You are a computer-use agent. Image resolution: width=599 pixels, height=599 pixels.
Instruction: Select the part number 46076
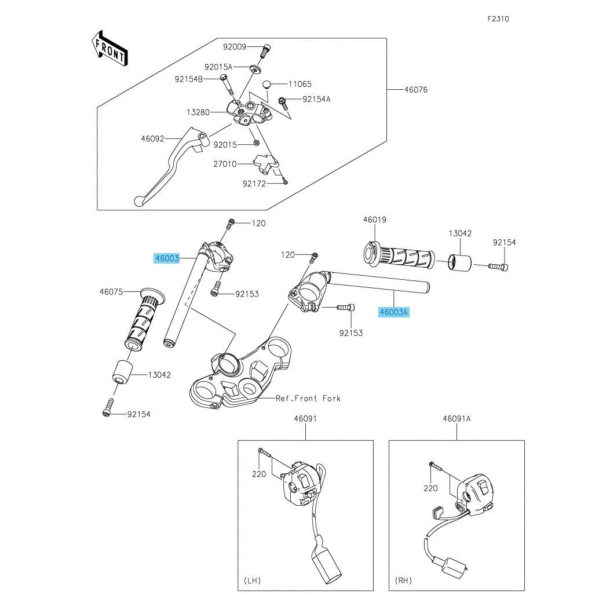416,90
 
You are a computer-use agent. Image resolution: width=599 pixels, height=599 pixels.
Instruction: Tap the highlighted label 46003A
394,312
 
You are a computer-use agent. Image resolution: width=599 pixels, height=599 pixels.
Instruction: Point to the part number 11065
299,84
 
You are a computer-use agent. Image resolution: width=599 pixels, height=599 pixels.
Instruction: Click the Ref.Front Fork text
308,399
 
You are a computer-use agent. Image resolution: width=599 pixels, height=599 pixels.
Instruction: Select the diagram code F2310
498,19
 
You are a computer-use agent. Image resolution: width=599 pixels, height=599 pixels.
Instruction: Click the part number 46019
375,220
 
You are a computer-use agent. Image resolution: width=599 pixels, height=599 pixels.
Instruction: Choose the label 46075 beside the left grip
111,292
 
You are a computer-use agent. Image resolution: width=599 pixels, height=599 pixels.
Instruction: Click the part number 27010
225,164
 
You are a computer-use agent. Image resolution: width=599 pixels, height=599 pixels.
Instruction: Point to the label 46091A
457,418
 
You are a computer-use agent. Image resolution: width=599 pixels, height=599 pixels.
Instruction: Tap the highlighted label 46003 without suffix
167,258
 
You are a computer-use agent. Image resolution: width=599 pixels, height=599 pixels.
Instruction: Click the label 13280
198,112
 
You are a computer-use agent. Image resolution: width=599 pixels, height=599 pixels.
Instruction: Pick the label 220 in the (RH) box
430,488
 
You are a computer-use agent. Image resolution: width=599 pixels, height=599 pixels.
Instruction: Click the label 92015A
218,67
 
